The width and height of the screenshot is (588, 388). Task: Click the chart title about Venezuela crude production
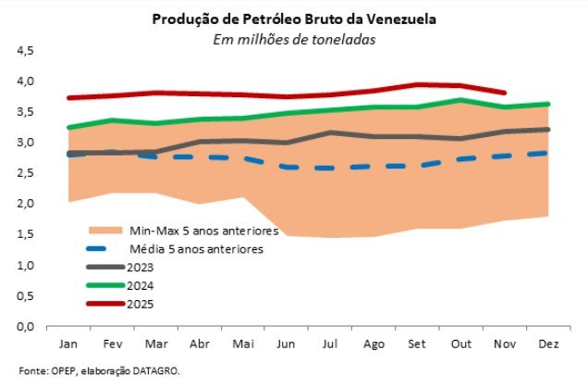(x=293, y=19)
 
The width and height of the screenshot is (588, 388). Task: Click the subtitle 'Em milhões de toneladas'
(x=293, y=39)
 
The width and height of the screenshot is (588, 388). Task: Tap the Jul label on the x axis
(x=330, y=344)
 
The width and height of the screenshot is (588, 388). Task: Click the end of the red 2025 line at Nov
(x=505, y=93)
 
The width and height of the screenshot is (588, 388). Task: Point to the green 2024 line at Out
(x=461, y=100)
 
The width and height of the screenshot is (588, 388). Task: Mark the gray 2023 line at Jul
(x=330, y=132)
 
